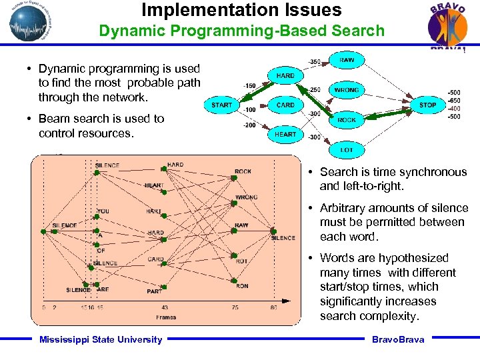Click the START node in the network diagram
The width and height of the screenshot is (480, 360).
(x=221, y=105)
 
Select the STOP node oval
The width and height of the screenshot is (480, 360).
(x=427, y=105)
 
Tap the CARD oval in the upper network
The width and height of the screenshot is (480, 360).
(x=285, y=105)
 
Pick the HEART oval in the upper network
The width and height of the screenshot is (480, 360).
(x=285, y=134)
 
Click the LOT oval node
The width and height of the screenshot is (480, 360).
(x=346, y=150)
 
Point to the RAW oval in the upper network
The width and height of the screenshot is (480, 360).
(x=346, y=60)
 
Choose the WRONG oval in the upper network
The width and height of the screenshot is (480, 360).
(x=346, y=89)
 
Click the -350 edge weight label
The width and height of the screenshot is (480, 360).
(x=314, y=62)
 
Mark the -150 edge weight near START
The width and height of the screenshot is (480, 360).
(x=249, y=85)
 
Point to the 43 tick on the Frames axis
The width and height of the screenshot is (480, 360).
(x=165, y=307)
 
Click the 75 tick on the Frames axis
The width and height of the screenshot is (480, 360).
(x=234, y=307)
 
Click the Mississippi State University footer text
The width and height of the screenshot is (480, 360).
(x=101, y=339)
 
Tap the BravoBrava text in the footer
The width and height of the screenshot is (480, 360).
(x=397, y=339)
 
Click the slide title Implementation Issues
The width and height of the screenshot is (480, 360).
(x=241, y=10)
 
